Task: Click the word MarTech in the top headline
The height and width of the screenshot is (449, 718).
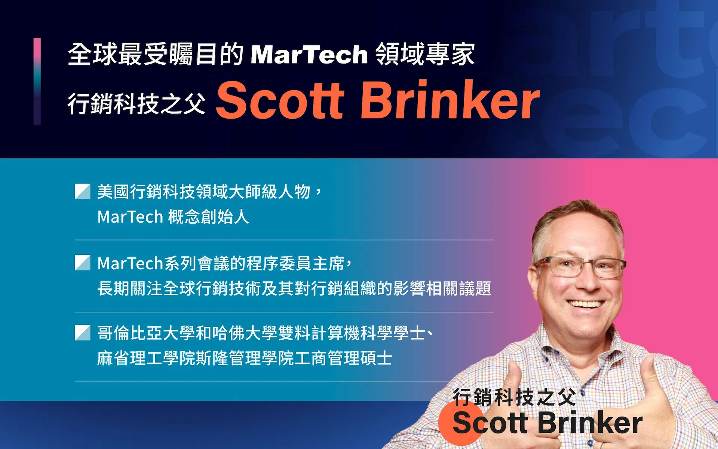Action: coord(309,55)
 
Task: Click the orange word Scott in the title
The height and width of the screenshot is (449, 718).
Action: coord(280,100)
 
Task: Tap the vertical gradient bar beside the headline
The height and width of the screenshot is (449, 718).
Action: coord(37,81)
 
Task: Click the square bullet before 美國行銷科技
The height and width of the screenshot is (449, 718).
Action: coord(83,191)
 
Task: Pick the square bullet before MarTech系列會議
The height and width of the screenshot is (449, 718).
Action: coord(83,263)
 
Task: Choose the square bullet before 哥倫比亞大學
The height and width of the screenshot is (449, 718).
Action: coord(83,333)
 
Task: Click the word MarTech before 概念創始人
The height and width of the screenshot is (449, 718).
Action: coord(130,217)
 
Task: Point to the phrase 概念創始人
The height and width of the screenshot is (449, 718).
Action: coord(208,217)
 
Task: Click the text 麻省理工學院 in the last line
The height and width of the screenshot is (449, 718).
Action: coord(146,358)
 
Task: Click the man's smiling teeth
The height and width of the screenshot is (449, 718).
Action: coord(586,304)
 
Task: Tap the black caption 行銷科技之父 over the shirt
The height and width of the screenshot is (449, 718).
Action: coord(514,397)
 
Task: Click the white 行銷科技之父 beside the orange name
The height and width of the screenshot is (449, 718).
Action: coord(136,104)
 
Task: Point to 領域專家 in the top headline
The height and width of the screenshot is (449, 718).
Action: coord(425,54)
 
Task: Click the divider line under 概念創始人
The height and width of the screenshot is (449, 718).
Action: coord(284,240)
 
